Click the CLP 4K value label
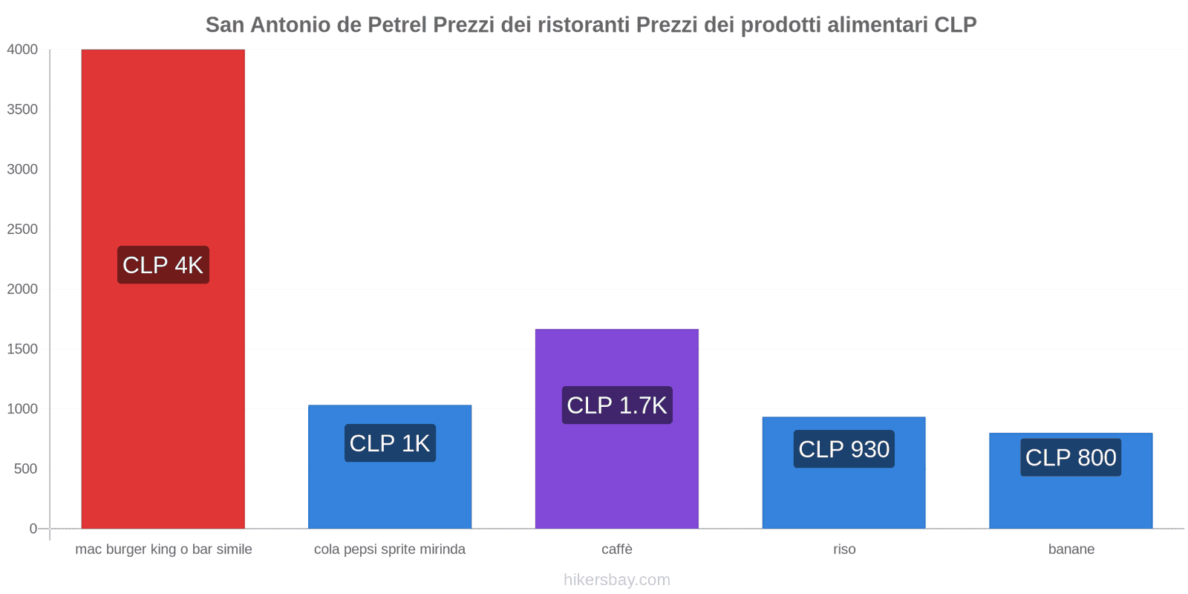(163, 265)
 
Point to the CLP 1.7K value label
(617, 405)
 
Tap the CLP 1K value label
(390, 443)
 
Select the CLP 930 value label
(843, 449)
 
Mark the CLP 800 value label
(1070, 457)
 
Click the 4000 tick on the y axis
(22, 50)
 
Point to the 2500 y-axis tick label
(22, 229)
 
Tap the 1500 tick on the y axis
(22, 349)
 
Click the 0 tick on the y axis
(33, 529)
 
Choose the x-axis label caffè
(617, 549)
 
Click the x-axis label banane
(1071, 549)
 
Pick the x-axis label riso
(844, 549)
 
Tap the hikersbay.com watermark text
(616, 580)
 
